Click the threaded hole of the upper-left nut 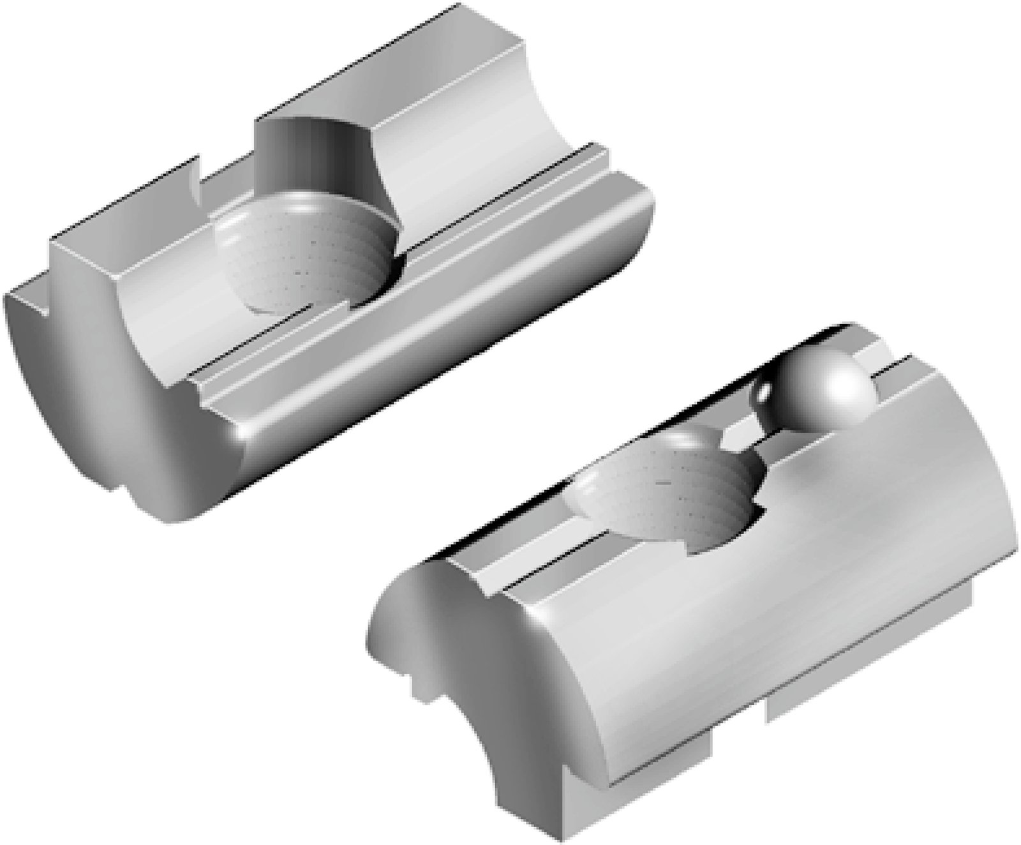pos(300,255)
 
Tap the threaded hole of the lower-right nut pos(664,491)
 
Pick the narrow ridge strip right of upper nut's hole pos(511,211)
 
